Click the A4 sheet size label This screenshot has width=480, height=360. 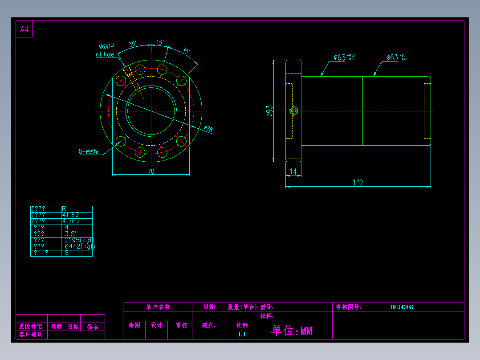pos(24,30)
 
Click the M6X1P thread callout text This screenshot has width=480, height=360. pos(106,46)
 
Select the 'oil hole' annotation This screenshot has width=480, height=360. pos(105,54)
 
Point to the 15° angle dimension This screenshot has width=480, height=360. pos(160,42)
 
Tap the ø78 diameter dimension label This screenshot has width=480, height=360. pos(208,129)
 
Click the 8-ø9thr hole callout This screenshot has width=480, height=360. pos(89,152)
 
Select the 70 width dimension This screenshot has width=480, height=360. pos(151,171)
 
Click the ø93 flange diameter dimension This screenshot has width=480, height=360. pos(269,111)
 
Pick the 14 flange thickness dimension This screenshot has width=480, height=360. pos(293,172)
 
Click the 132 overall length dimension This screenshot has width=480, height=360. pos(358,183)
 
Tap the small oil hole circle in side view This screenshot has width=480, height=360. pos(293,111)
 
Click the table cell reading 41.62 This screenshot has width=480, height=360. pos(71,215)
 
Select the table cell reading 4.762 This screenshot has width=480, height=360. pos(71,221)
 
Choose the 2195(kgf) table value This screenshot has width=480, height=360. pos(79,240)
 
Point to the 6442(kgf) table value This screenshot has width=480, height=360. pos(79,246)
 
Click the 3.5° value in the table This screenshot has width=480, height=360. pos(71,234)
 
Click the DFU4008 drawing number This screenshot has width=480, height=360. pos(402,307)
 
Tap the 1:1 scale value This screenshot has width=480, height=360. pos(242,334)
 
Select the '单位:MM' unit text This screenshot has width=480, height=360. pos(292,331)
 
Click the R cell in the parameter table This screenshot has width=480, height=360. pos(65,209)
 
